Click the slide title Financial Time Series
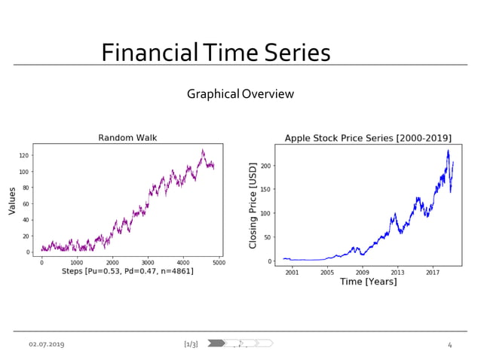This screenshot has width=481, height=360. click(216, 53)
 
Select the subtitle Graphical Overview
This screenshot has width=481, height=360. click(240, 94)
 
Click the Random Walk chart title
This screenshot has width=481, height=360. click(127, 137)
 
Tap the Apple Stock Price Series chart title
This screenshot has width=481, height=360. click(368, 138)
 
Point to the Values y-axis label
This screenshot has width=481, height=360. click(12, 201)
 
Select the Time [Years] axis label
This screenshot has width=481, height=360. click(368, 282)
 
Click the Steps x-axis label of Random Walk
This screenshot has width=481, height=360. click(127, 271)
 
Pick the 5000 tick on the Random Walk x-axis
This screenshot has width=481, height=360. click(219, 262)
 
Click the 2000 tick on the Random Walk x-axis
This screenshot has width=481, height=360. click(112, 262)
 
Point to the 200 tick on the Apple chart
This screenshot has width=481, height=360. click(267, 166)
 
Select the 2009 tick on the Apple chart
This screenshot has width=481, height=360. click(362, 272)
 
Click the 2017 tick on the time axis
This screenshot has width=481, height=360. click(432, 272)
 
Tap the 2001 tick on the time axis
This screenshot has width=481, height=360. click(292, 272)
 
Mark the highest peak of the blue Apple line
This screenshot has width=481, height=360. click(448, 151)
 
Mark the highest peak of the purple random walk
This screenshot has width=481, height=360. click(202, 150)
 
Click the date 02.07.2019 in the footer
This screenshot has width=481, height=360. click(47, 344)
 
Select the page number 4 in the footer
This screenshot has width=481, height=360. click(449, 344)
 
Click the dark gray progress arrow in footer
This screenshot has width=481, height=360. click(216, 343)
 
